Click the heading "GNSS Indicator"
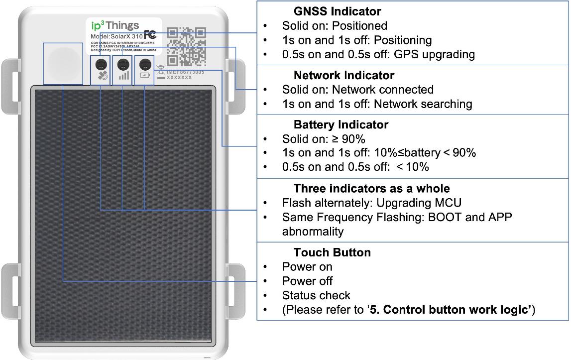(x=337, y=11)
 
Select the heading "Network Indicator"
(x=343, y=75)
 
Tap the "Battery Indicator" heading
(x=341, y=124)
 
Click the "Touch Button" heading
(x=332, y=252)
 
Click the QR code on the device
(x=186, y=46)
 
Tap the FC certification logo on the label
(x=150, y=35)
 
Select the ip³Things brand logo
(x=114, y=26)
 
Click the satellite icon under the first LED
(x=102, y=76)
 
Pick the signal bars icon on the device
(x=123, y=76)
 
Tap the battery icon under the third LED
(x=145, y=75)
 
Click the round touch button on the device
(x=63, y=63)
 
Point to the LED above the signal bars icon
(x=122, y=64)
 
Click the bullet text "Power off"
(x=307, y=281)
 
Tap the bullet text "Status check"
(x=316, y=295)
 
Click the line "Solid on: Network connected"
(x=357, y=90)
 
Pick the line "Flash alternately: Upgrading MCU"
(x=371, y=203)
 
